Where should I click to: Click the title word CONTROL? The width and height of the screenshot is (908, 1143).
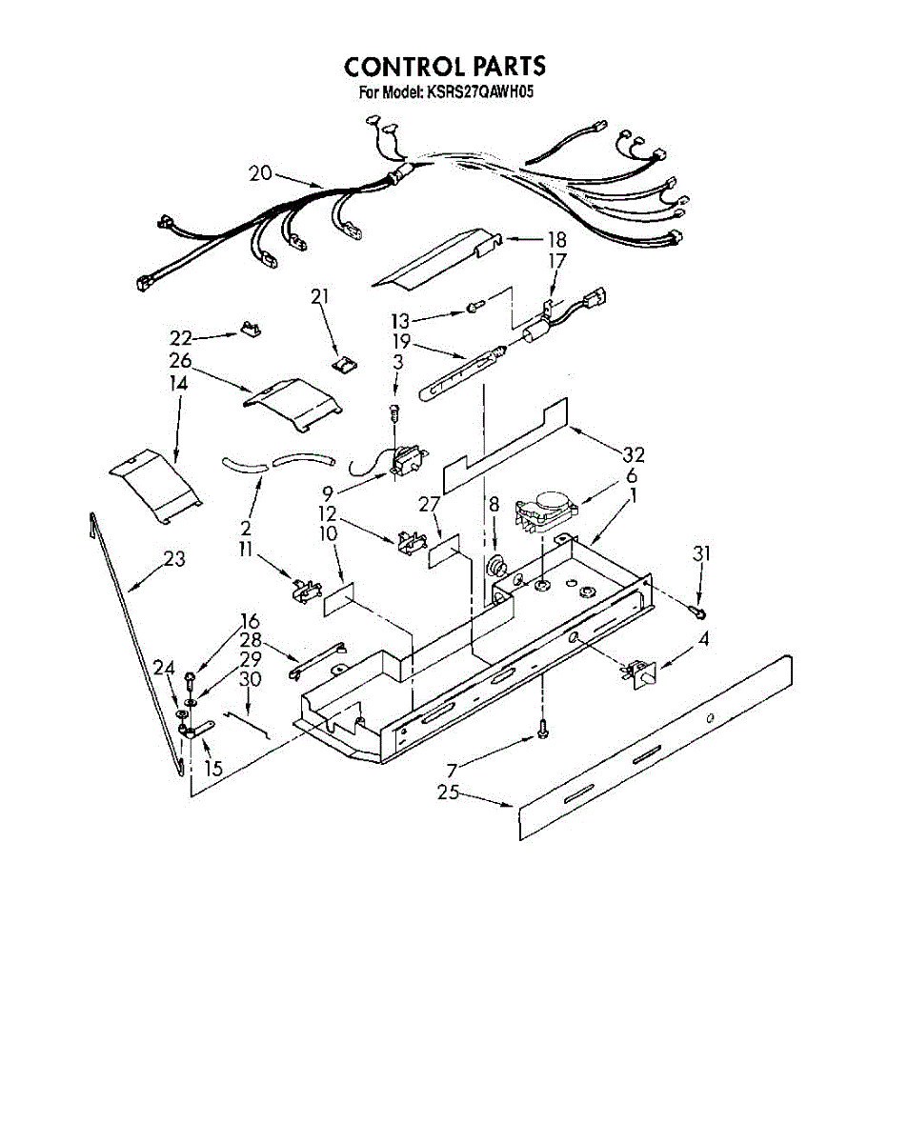(x=399, y=67)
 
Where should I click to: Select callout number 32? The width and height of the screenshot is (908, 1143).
(x=634, y=456)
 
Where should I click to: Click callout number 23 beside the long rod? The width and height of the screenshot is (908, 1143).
(x=173, y=560)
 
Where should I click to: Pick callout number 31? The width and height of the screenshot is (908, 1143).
(x=701, y=552)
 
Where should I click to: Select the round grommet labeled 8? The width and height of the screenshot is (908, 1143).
(x=496, y=570)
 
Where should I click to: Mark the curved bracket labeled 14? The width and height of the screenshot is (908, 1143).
(x=154, y=486)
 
